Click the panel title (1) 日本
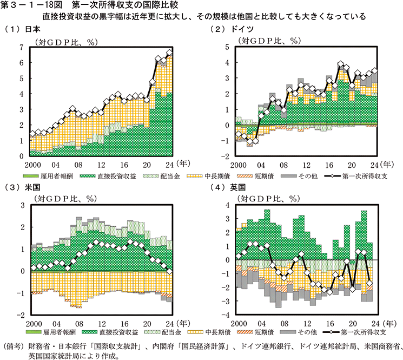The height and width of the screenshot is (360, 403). pyautogui.click(x=18, y=29)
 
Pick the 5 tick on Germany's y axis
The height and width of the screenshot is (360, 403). pyautogui.click(x=228, y=47)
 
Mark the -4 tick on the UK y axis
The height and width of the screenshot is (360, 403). pyautogui.click(x=226, y=315)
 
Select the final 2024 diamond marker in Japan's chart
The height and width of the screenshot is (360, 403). pyautogui.click(x=170, y=53)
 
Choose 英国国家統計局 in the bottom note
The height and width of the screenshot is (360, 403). pyautogui.click(x=56, y=355)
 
